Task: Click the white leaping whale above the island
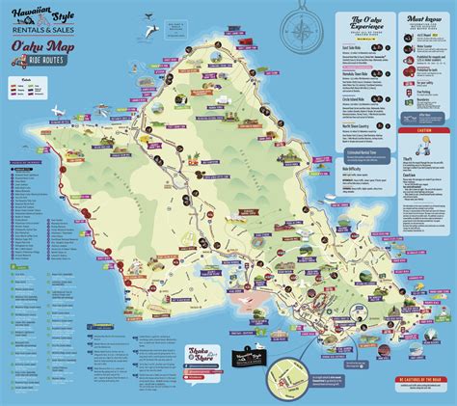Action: point(149,16)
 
